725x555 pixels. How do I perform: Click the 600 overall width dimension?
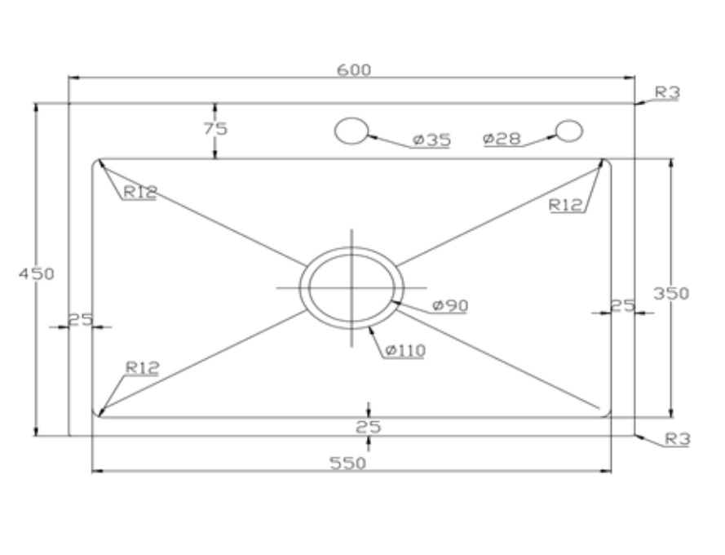coord(354,70)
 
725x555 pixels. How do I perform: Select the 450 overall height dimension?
coord(37,273)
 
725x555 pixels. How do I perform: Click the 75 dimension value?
coord(215,129)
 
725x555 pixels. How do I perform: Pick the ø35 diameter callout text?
coord(431,140)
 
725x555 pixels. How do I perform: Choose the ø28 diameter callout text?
coord(502,139)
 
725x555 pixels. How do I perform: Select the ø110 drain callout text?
coord(404,351)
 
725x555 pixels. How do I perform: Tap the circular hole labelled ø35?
coord(352,131)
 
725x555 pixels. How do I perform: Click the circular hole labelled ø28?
coord(569,131)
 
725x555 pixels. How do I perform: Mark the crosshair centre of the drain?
coord(351,287)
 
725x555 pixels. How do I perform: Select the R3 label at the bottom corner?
coord(677,439)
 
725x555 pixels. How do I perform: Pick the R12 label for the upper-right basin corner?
coord(565,205)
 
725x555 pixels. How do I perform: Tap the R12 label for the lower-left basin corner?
coord(142,368)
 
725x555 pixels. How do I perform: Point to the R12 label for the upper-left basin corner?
coord(139,193)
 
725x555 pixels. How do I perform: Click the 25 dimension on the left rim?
coord(80,319)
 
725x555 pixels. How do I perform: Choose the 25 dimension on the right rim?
coord(623,305)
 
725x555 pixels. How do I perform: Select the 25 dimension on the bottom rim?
coord(369,427)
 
